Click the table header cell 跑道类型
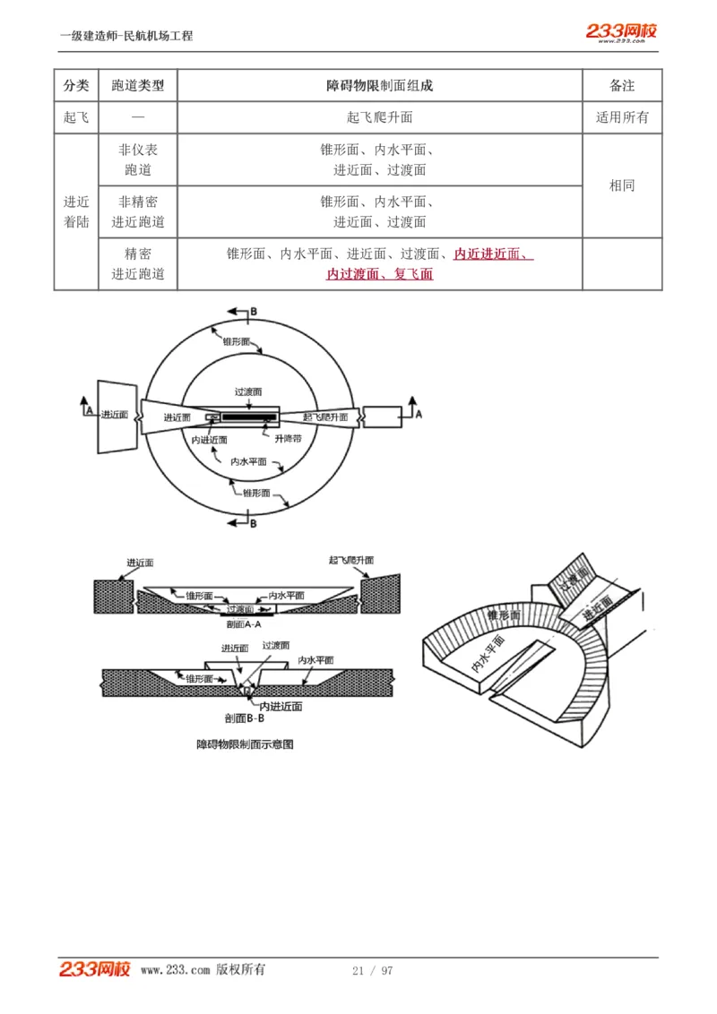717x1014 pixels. [138, 86]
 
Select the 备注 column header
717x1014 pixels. [622, 86]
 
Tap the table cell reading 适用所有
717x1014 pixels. [622, 117]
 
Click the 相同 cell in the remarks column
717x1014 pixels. [622, 185]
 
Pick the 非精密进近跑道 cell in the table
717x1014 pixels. [138, 212]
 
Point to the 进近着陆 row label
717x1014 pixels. [76, 212]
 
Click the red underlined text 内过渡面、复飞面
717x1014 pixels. [379, 274]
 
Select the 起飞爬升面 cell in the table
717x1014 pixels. [379, 117]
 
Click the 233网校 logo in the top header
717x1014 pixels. [621, 32]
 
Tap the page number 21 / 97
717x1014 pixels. [373, 971]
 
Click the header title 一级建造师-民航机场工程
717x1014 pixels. [126, 36]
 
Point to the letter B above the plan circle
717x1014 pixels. [254, 311]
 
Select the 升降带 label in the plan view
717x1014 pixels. [288, 439]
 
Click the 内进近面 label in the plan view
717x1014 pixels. [210, 440]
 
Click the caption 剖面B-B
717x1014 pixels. [244, 718]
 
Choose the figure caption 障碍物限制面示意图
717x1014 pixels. [246, 744]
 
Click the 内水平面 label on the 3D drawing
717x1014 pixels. [488, 655]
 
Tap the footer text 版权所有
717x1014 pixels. [241, 970]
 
